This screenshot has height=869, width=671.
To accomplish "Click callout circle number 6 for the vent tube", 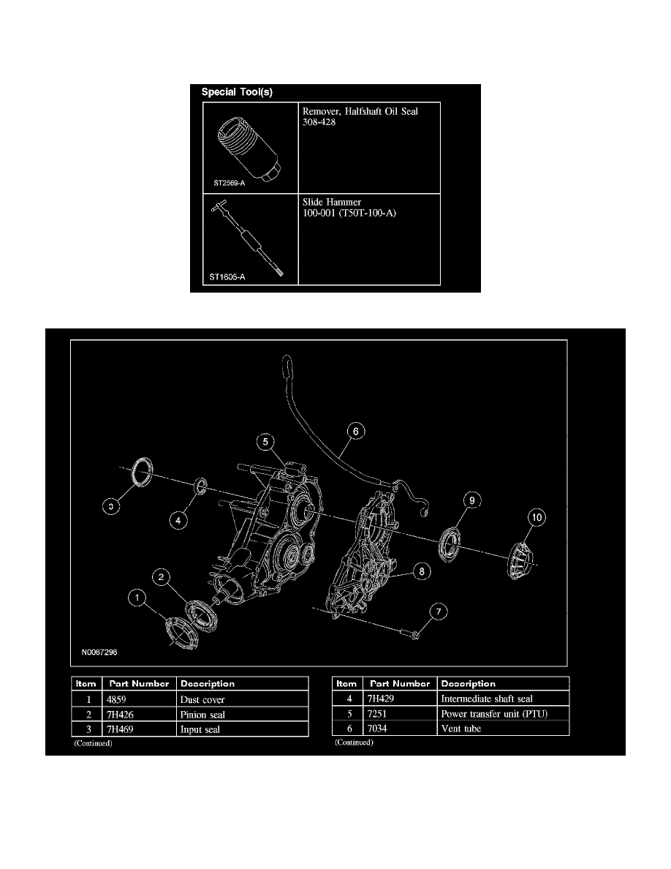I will [355, 432].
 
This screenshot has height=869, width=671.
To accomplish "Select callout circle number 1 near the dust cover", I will [135, 599].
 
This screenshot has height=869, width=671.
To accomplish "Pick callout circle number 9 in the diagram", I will [472, 500].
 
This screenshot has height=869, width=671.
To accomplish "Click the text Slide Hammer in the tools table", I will [330, 202].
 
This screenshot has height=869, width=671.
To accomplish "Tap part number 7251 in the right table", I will [380, 714].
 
